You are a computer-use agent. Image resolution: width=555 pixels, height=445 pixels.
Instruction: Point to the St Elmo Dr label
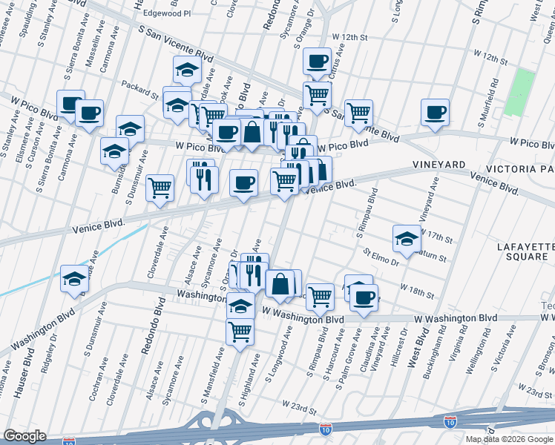380,257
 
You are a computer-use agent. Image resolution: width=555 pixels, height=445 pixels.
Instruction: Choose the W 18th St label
416,290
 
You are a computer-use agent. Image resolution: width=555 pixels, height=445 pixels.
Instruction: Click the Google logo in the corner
25,436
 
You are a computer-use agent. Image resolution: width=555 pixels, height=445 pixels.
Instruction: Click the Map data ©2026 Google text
509,439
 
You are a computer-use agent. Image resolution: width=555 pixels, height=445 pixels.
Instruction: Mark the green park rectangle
524,91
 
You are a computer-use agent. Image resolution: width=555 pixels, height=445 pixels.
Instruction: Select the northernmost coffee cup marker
317,61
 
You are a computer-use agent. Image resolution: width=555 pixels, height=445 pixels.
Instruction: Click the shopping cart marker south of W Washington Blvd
240,331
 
